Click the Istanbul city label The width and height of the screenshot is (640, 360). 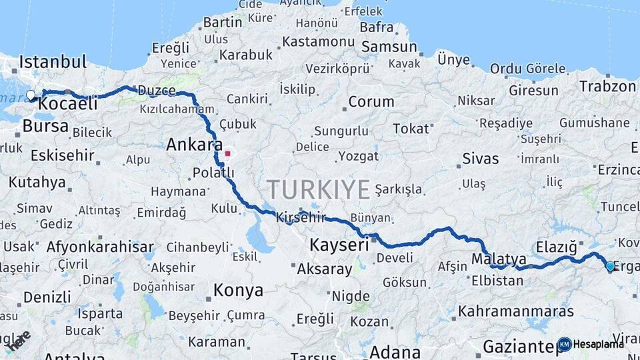coord(53,63)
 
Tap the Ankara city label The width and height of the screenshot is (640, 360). coord(194,145)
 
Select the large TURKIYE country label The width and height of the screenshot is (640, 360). coord(318,189)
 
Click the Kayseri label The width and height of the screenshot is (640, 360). coord(339,245)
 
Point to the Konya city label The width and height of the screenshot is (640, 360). coord(238,291)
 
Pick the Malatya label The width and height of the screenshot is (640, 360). coord(499,259)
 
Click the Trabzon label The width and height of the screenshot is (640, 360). coord(607,86)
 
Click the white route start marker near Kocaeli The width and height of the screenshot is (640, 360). coord(31,95)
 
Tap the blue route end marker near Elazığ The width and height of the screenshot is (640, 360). coord(610,267)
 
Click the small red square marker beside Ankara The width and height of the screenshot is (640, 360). coord(227,153)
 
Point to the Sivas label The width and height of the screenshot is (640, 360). coord(480,159)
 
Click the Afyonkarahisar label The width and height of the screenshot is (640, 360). coord(100,247)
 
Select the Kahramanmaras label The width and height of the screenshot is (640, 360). coord(516,311)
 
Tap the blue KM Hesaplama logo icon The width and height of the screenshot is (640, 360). coord(564,344)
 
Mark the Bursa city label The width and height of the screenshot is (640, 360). coord(45,126)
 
